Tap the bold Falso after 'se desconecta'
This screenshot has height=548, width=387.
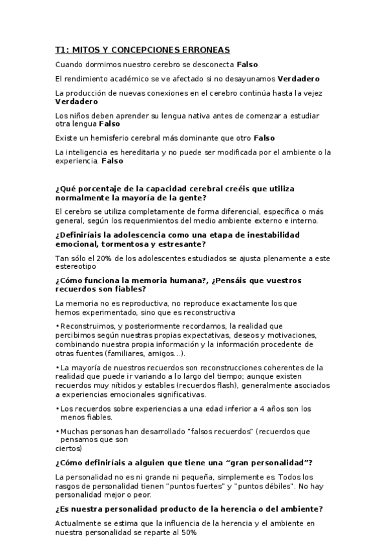(248, 65)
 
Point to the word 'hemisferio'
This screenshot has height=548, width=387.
(99, 138)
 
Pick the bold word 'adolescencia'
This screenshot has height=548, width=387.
(132, 235)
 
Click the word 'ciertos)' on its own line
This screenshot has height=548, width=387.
(68, 447)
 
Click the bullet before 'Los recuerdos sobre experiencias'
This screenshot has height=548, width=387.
(58, 408)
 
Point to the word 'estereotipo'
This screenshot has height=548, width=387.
(75, 266)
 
